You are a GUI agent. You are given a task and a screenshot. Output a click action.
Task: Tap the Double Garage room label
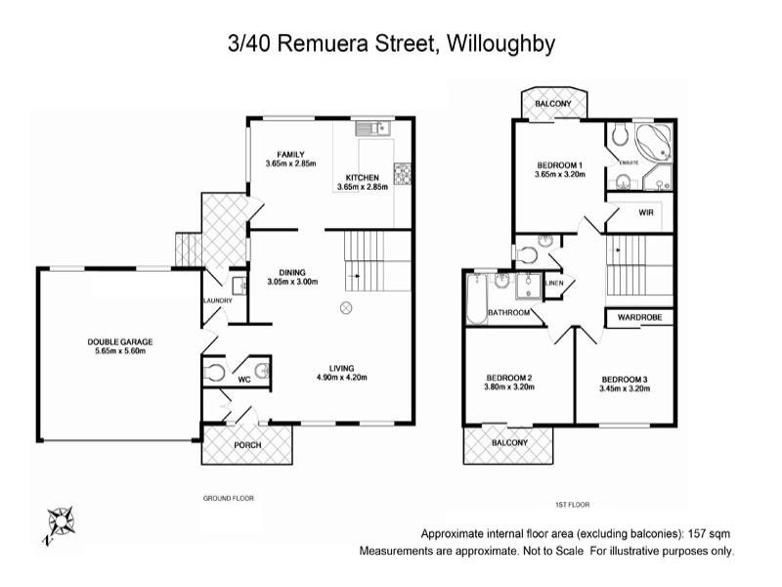[120, 341]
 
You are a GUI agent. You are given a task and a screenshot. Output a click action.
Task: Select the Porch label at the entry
[247, 446]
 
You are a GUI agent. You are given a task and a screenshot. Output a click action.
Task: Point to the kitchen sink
[372, 128]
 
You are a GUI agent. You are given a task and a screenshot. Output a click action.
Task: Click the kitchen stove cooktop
[402, 174]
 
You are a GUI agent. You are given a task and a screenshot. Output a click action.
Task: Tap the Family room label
[290, 154]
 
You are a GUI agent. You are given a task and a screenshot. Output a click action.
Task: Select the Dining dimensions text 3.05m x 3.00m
[292, 282]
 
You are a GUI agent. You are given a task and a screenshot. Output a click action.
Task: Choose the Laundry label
[216, 300]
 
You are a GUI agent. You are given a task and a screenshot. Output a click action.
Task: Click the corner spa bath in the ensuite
[650, 142]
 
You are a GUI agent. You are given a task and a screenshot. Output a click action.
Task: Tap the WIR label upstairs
[645, 212]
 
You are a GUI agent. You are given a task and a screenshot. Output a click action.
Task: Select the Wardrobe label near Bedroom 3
[639, 318]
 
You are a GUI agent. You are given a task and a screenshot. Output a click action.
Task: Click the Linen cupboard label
[554, 284]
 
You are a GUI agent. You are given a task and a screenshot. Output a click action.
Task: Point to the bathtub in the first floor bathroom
[476, 300]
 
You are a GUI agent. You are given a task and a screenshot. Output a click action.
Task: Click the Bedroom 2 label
[509, 378]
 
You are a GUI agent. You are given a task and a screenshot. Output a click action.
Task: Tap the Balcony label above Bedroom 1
[553, 104]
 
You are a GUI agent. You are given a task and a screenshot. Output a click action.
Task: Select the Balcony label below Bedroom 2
[509, 442]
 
